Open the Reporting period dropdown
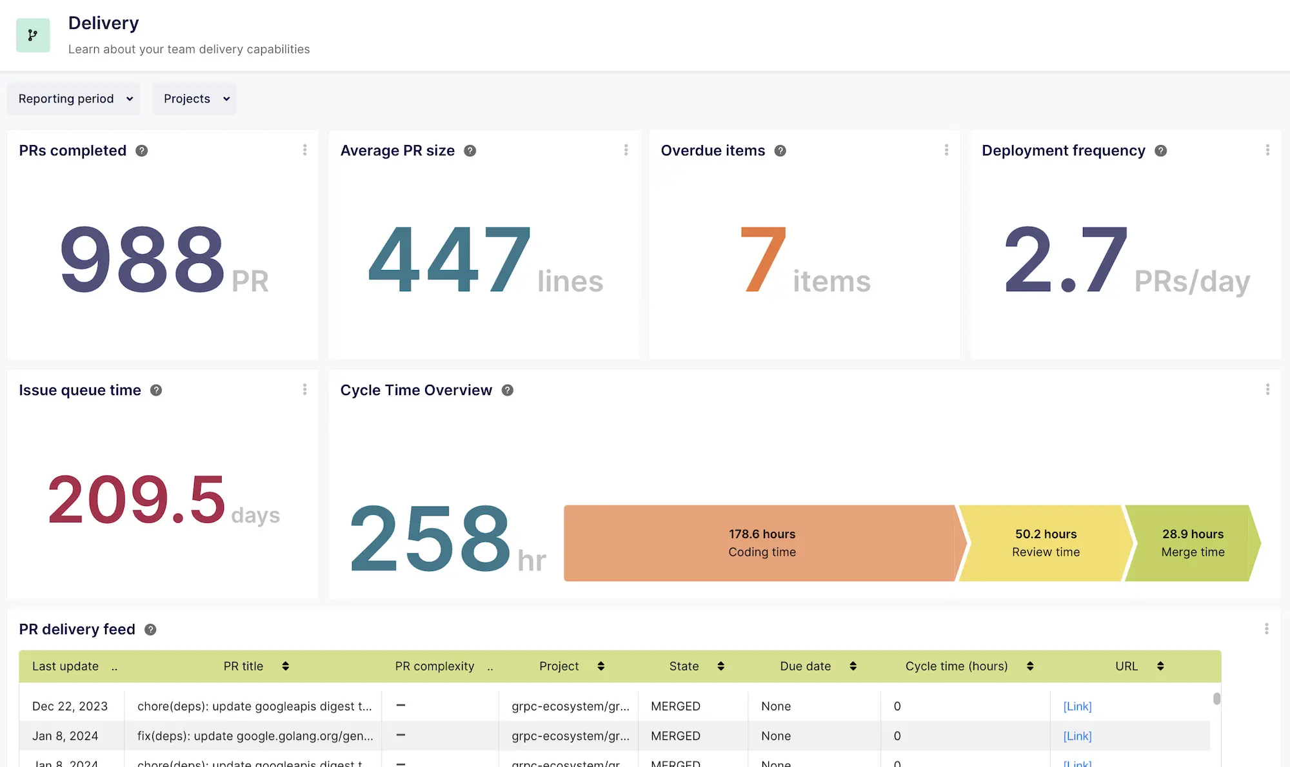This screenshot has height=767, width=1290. tap(74, 99)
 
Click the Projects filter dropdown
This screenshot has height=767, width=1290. tap(194, 99)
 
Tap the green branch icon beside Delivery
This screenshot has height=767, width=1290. tap(33, 35)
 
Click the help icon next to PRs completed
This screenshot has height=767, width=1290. tap(142, 151)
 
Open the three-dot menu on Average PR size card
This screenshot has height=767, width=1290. tap(626, 150)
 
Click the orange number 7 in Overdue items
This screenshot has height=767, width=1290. tap(763, 259)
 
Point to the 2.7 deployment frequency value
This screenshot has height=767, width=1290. tap(1066, 259)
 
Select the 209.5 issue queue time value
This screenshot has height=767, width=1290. tap(137, 500)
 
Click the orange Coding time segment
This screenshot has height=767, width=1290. tap(761, 543)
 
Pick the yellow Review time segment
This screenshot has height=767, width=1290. tap(1045, 543)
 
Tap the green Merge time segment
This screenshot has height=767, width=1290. tap(1192, 543)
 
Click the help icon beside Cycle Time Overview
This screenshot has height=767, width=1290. tap(508, 391)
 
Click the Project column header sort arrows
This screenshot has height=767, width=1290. tap(600, 666)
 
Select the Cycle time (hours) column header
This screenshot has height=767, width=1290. tap(956, 666)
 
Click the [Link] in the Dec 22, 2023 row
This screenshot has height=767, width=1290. tap(1077, 706)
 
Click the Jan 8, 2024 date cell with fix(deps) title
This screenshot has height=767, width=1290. tap(65, 736)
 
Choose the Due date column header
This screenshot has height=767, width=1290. tap(805, 666)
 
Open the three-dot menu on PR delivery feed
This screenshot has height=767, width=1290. tap(1266, 629)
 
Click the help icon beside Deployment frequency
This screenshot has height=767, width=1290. tap(1161, 151)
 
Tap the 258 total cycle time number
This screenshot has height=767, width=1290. tap(430, 538)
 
